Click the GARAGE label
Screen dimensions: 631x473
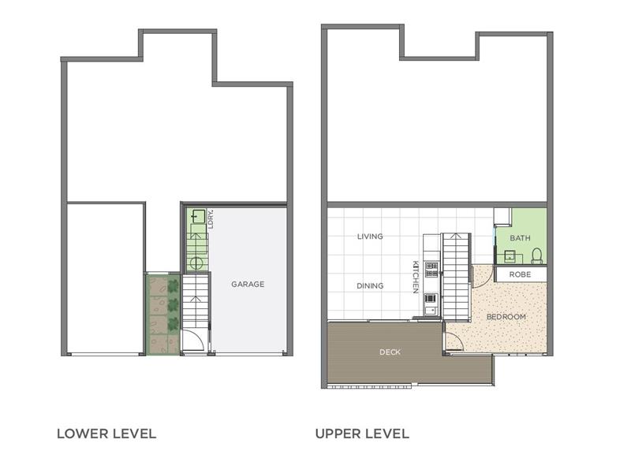(x=248, y=284)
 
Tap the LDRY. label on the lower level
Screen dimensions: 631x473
(x=211, y=219)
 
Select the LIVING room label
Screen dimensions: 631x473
(x=370, y=236)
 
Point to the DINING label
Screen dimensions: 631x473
(x=370, y=286)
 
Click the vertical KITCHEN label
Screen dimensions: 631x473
(x=416, y=277)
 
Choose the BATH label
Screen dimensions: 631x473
(x=520, y=238)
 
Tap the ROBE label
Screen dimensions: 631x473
(x=520, y=274)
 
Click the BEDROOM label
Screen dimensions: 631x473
(x=506, y=317)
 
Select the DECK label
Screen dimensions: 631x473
(x=390, y=352)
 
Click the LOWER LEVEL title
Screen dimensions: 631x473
(x=106, y=434)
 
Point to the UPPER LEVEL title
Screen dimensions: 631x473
(x=362, y=434)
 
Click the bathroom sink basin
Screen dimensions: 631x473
(x=510, y=255)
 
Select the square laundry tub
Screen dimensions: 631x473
(x=197, y=217)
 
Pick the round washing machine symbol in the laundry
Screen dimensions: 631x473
(x=196, y=264)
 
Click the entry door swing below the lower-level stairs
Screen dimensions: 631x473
(x=192, y=341)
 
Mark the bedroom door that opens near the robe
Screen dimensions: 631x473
(x=482, y=277)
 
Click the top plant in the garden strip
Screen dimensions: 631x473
(x=173, y=286)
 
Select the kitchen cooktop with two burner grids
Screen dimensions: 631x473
(x=431, y=270)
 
